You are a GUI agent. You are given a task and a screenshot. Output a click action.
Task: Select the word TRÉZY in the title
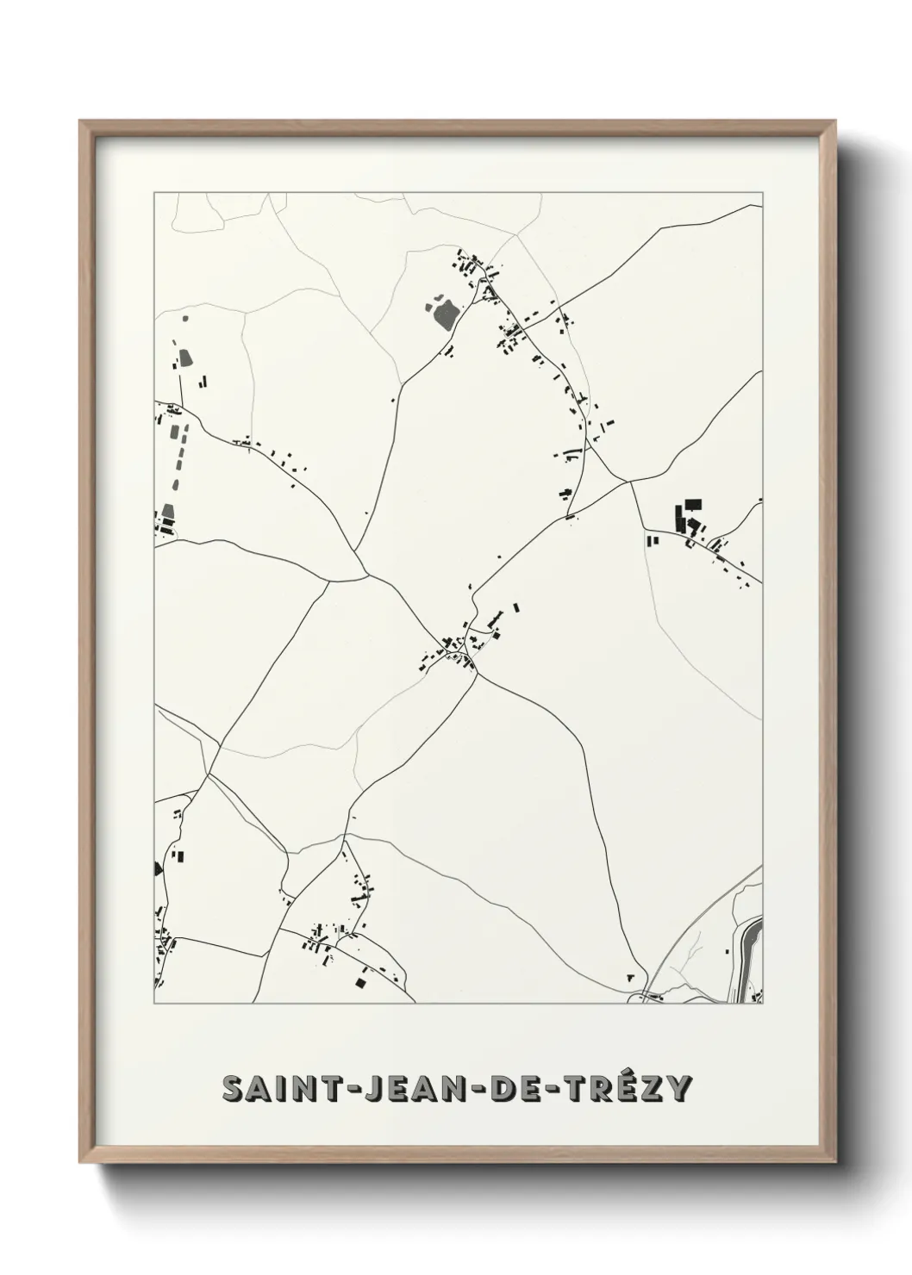tap(626, 1089)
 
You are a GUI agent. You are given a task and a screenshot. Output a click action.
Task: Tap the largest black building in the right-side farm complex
tap(692, 505)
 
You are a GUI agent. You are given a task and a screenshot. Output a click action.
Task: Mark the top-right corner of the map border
tap(762, 193)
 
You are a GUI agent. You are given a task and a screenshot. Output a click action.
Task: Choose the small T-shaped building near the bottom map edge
tap(631, 977)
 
